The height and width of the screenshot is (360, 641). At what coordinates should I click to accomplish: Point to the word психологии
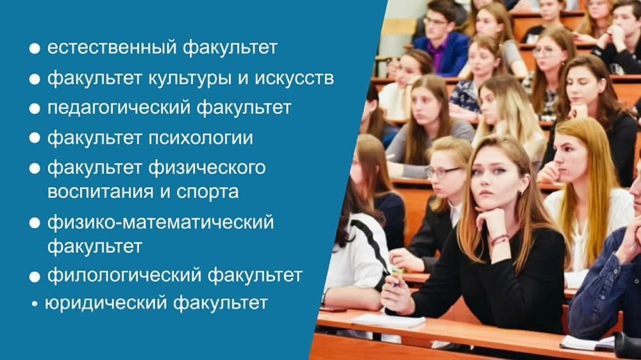(x=201, y=138)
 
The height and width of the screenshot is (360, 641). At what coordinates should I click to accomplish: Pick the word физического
(x=207, y=168)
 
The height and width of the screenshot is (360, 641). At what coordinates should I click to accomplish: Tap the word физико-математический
(x=160, y=222)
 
